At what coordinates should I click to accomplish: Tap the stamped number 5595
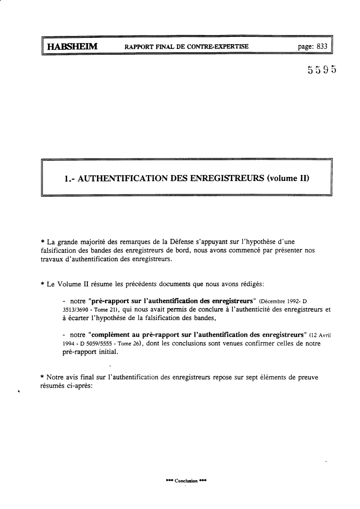322,70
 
